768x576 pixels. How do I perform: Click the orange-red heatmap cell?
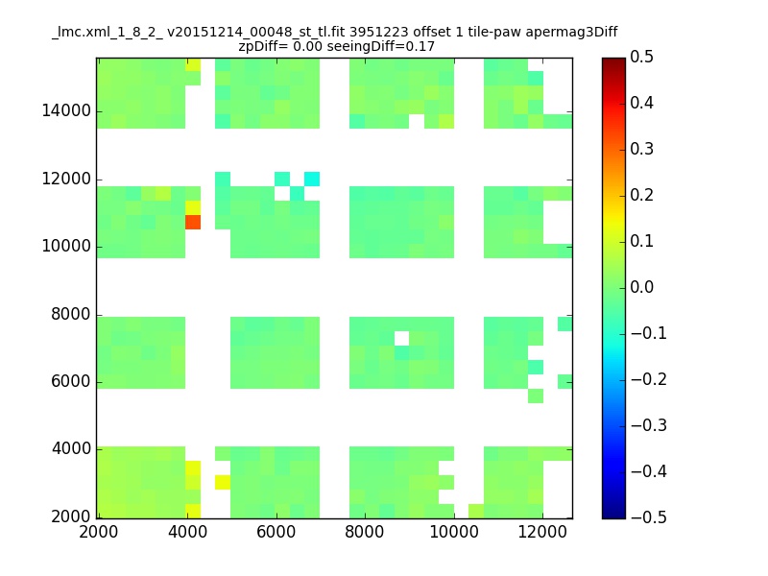(193, 222)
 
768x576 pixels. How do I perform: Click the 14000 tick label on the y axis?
(66, 110)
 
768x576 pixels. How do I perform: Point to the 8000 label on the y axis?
(70, 314)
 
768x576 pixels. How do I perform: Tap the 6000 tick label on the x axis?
(276, 532)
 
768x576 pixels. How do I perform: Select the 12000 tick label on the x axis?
(542, 532)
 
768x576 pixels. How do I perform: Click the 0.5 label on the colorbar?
(641, 57)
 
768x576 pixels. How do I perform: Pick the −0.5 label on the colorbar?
(649, 517)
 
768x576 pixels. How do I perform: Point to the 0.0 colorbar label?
(641, 287)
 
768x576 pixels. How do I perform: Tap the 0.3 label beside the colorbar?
(641, 149)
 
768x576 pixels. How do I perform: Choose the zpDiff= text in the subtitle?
(263, 46)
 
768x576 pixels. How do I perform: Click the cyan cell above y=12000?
(312, 179)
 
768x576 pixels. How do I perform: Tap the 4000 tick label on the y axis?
(71, 448)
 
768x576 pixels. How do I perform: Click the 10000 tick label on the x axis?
(454, 532)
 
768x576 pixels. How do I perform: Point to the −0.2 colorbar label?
(649, 379)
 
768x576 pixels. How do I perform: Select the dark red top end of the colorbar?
(613, 60)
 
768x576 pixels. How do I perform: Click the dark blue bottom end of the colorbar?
(613, 516)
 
